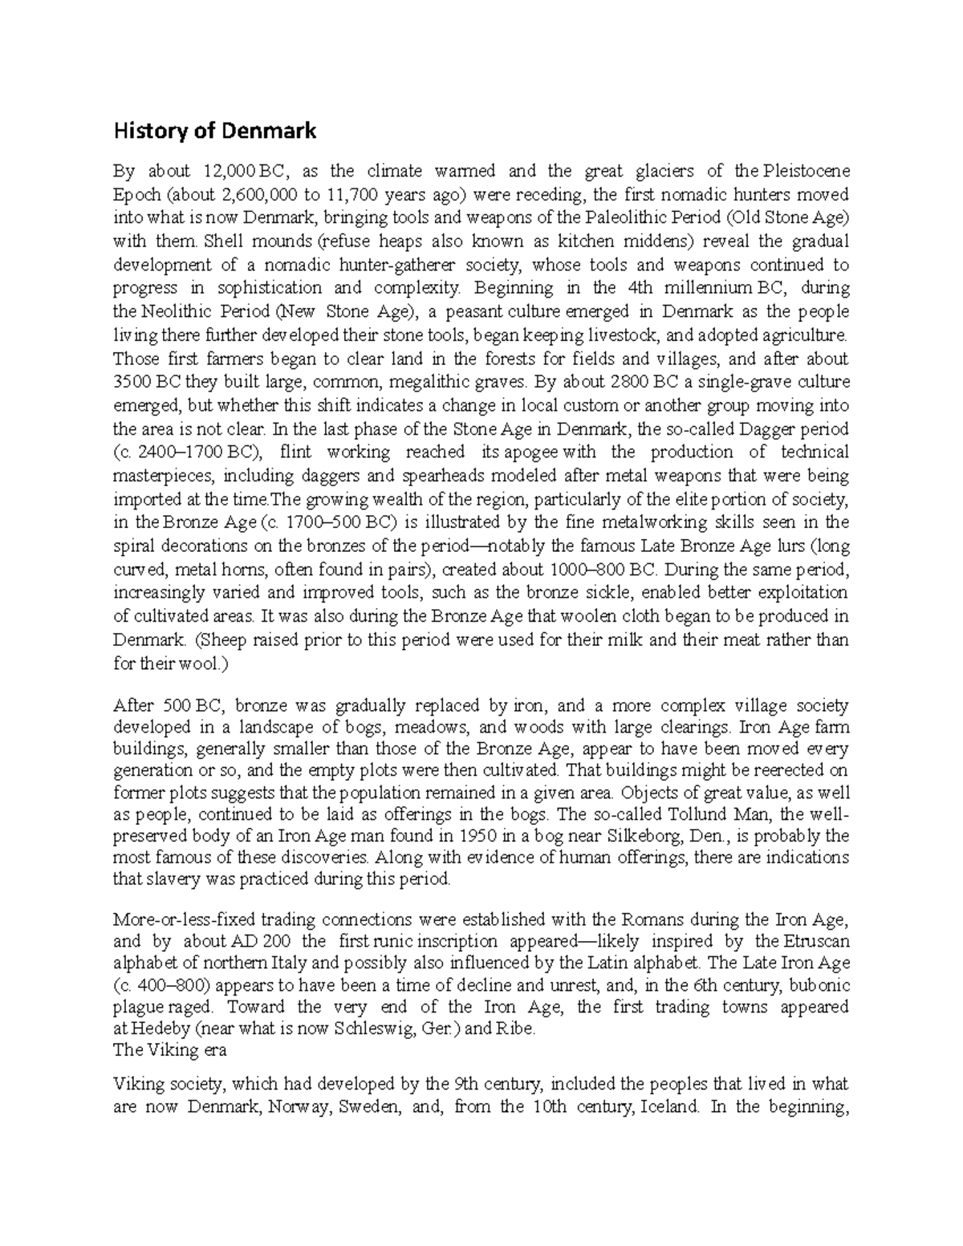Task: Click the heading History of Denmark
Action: coord(215,131)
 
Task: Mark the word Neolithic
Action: coord(174,311)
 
